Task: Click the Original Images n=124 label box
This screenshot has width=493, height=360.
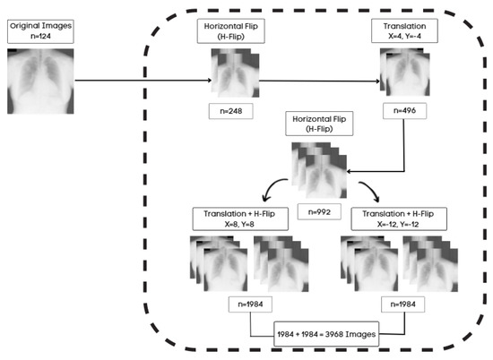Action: point(39,32)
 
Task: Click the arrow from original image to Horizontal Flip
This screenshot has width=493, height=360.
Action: point(143,82)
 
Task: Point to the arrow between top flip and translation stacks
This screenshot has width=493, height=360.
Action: point(318,81)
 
